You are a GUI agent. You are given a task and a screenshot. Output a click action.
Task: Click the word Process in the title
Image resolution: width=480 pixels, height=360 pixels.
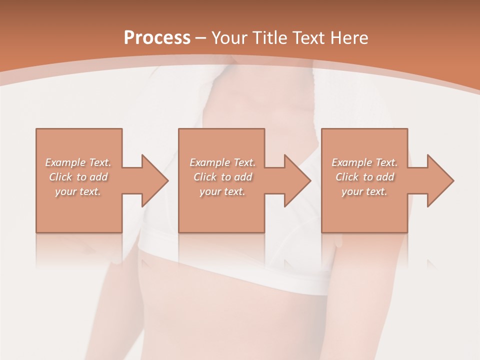tap(157, 38)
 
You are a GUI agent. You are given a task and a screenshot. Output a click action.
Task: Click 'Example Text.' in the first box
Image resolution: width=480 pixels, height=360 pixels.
tap(78, 162)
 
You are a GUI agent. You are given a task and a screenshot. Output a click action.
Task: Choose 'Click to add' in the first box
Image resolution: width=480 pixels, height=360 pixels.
tap(78, 177)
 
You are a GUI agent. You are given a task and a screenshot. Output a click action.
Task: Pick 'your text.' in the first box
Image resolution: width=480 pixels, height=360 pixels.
tap(78, 191)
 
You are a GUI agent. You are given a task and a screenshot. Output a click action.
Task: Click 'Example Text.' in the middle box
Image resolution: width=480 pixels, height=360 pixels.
tap(222, 162)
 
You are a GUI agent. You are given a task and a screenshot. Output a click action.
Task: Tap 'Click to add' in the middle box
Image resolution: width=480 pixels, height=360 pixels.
tap(222, 177)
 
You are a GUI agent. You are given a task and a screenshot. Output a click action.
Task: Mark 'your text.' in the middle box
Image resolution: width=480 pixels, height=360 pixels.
tap(222, 191)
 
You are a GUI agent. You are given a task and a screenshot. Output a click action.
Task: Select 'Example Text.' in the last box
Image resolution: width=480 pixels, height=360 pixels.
tap(364, 162)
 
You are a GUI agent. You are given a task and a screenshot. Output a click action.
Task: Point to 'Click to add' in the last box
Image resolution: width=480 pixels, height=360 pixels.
tap(364, 177)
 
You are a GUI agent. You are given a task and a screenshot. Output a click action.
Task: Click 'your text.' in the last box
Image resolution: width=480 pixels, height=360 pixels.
tap(364, 191)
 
